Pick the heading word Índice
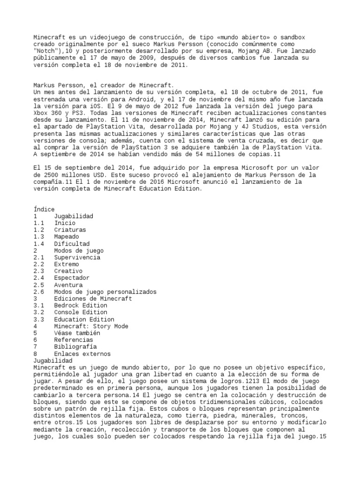44,209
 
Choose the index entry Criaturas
70,230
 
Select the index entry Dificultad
72,244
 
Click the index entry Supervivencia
76,257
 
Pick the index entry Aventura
68,285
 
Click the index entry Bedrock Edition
80,306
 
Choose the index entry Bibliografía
75,347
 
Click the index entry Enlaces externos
82,354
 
